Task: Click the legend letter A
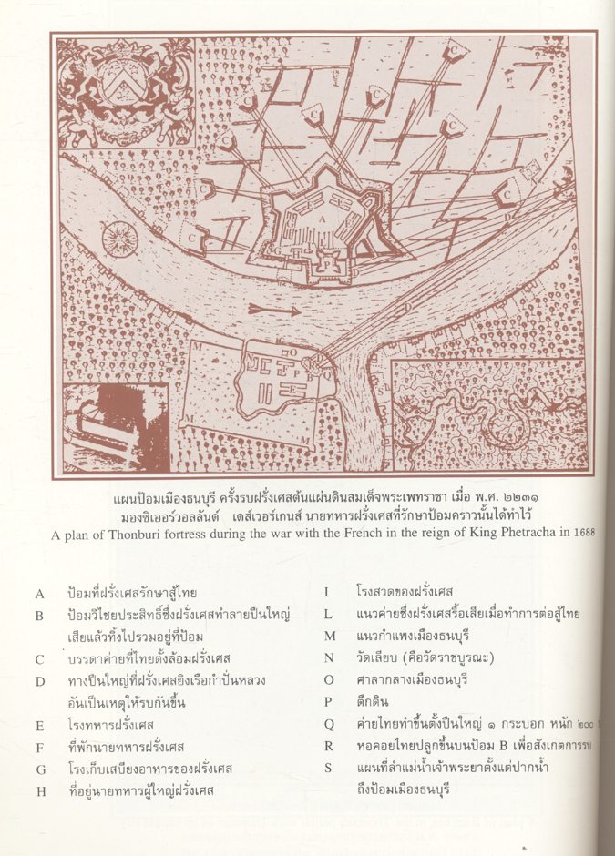(x=39, y=594)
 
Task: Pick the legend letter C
(x=39, y=658)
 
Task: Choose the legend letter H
(x=40, y=790)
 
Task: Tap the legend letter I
(x=325, y=594)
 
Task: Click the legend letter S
(x=327, y=769)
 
